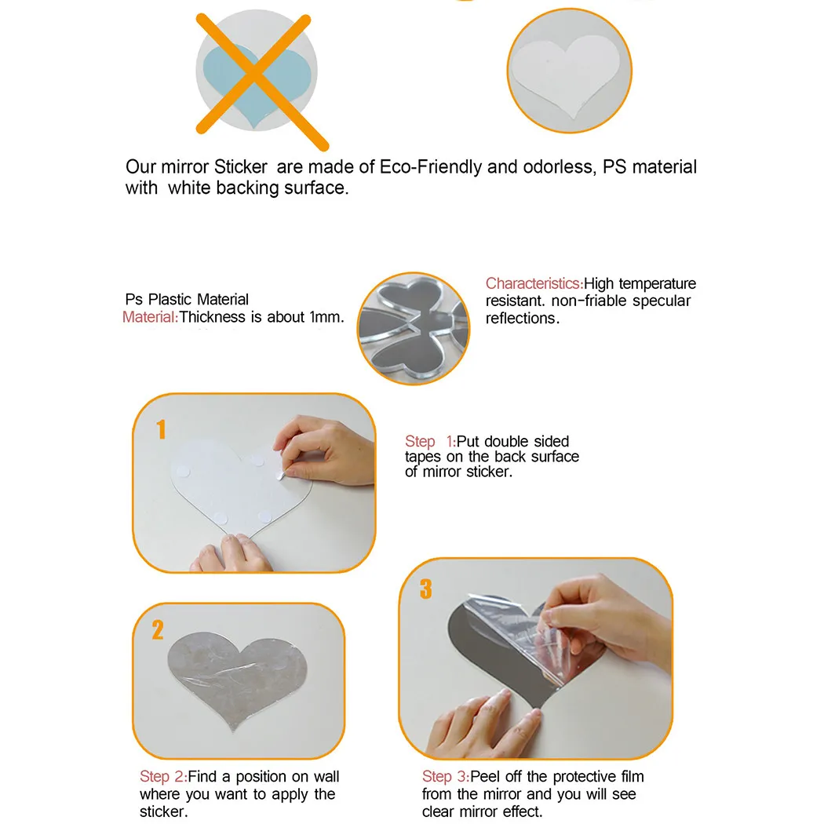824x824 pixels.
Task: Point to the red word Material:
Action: pyautogui.click(x=151, y=317)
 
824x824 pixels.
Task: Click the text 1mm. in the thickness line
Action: pyautogui.click(x=326, y=317)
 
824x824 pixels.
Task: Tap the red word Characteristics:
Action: pyautogui.click(x=534, y=283)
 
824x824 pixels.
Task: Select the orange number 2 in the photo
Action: pyautogui.click(x=158, y=629)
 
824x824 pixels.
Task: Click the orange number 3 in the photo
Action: pyautogui.click(x=425, y=589)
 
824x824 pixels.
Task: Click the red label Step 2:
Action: pyautogui.click(x=163, y=776)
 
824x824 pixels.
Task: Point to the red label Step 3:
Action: pyautogui.click(x=446, y=776)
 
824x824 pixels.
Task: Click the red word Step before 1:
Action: pyautogui.click(x=420, y=441)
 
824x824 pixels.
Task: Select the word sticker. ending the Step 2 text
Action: pyautogui.click(x=163, y=811)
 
